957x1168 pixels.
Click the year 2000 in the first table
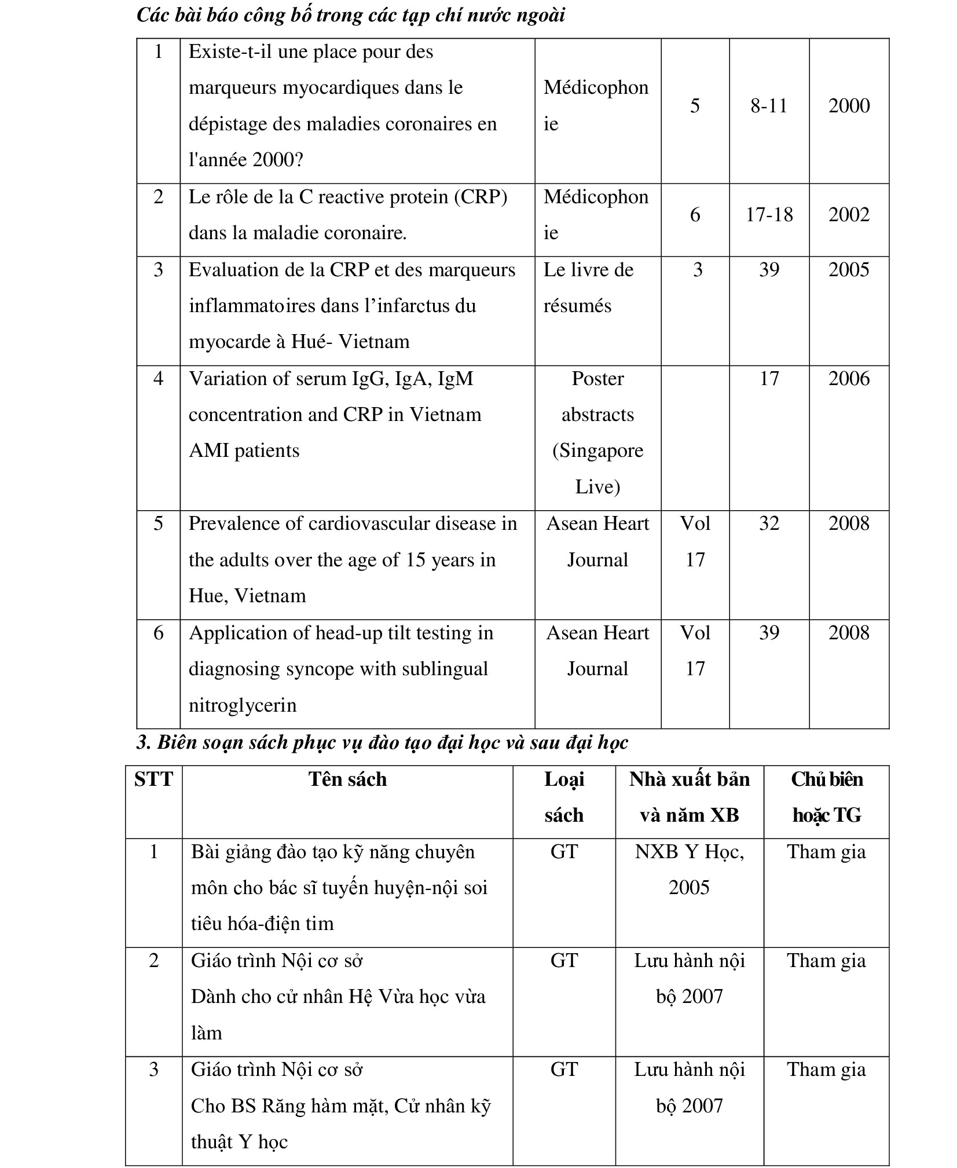click(848, 106)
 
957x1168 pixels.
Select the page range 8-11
click(768, 106)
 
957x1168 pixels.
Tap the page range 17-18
click(768, 215)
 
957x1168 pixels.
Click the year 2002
click(848, 215)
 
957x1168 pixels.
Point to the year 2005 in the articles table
click(848, 270)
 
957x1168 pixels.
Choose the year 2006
click(848, 379)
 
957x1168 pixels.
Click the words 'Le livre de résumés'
click(588, 288)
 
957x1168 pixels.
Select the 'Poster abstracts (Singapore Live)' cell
click(597, 433)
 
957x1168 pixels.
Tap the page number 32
click(768, 523)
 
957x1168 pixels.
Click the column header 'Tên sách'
click(347, 779)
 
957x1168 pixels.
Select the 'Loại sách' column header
click(563, 797)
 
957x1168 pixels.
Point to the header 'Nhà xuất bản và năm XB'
click(689, 797)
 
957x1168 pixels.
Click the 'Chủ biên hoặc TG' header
click(826, 797)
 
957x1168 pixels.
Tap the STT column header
click(153, 779)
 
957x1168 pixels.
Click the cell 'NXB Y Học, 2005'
click(689, 870)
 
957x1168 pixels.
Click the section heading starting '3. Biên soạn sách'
click(382, 742)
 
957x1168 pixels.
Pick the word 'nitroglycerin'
click(243, 705)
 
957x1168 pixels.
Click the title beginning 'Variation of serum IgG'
click(331, 379)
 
